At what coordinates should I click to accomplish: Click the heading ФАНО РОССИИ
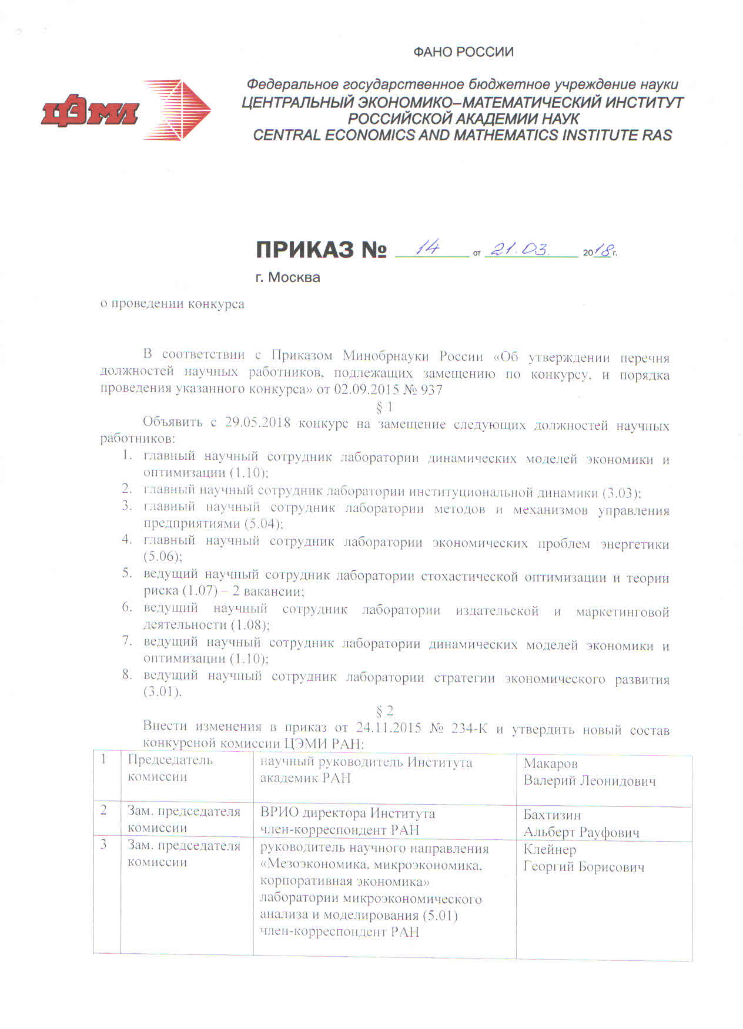tap(463, 52)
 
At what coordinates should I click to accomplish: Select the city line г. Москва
tap(287, 277)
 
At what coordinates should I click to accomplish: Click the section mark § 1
tap(384, 406)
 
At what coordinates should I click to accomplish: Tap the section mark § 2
tap(384, 712)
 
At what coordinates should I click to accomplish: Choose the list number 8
tap(127, 675)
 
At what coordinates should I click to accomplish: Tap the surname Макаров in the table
tap(550, 764)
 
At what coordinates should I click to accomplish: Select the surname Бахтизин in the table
tap(552, 815)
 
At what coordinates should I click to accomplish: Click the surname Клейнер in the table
tap(550, 849)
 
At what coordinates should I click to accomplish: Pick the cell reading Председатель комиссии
tap(170, 768)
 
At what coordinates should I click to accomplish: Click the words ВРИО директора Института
tap(347, 813)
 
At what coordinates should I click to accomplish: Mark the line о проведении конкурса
tap(172, 304)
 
